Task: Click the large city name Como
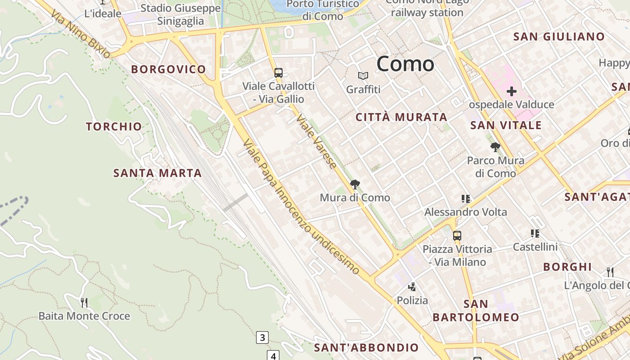point(405,64)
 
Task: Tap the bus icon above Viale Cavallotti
point(279,72)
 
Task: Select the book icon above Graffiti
point(363,76)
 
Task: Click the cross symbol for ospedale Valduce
point(511,92)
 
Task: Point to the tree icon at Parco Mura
point(495,147)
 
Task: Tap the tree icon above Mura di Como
point(355,184)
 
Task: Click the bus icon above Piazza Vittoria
point(457,235)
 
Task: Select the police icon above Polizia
point(412,287)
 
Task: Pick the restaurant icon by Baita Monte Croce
point(84,302)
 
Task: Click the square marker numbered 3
point(262,337)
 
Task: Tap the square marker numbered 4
point(273,355)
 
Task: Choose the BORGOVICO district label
point(168,69)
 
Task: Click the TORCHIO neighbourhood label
point(114,127)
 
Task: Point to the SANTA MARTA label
point(157,173)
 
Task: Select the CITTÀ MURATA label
point(401,117)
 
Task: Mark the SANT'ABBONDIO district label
point(366,347)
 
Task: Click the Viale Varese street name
point(316,141)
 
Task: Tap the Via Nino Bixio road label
point(81,35)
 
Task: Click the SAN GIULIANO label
point(559,37)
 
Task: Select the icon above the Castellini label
point(535,233)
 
